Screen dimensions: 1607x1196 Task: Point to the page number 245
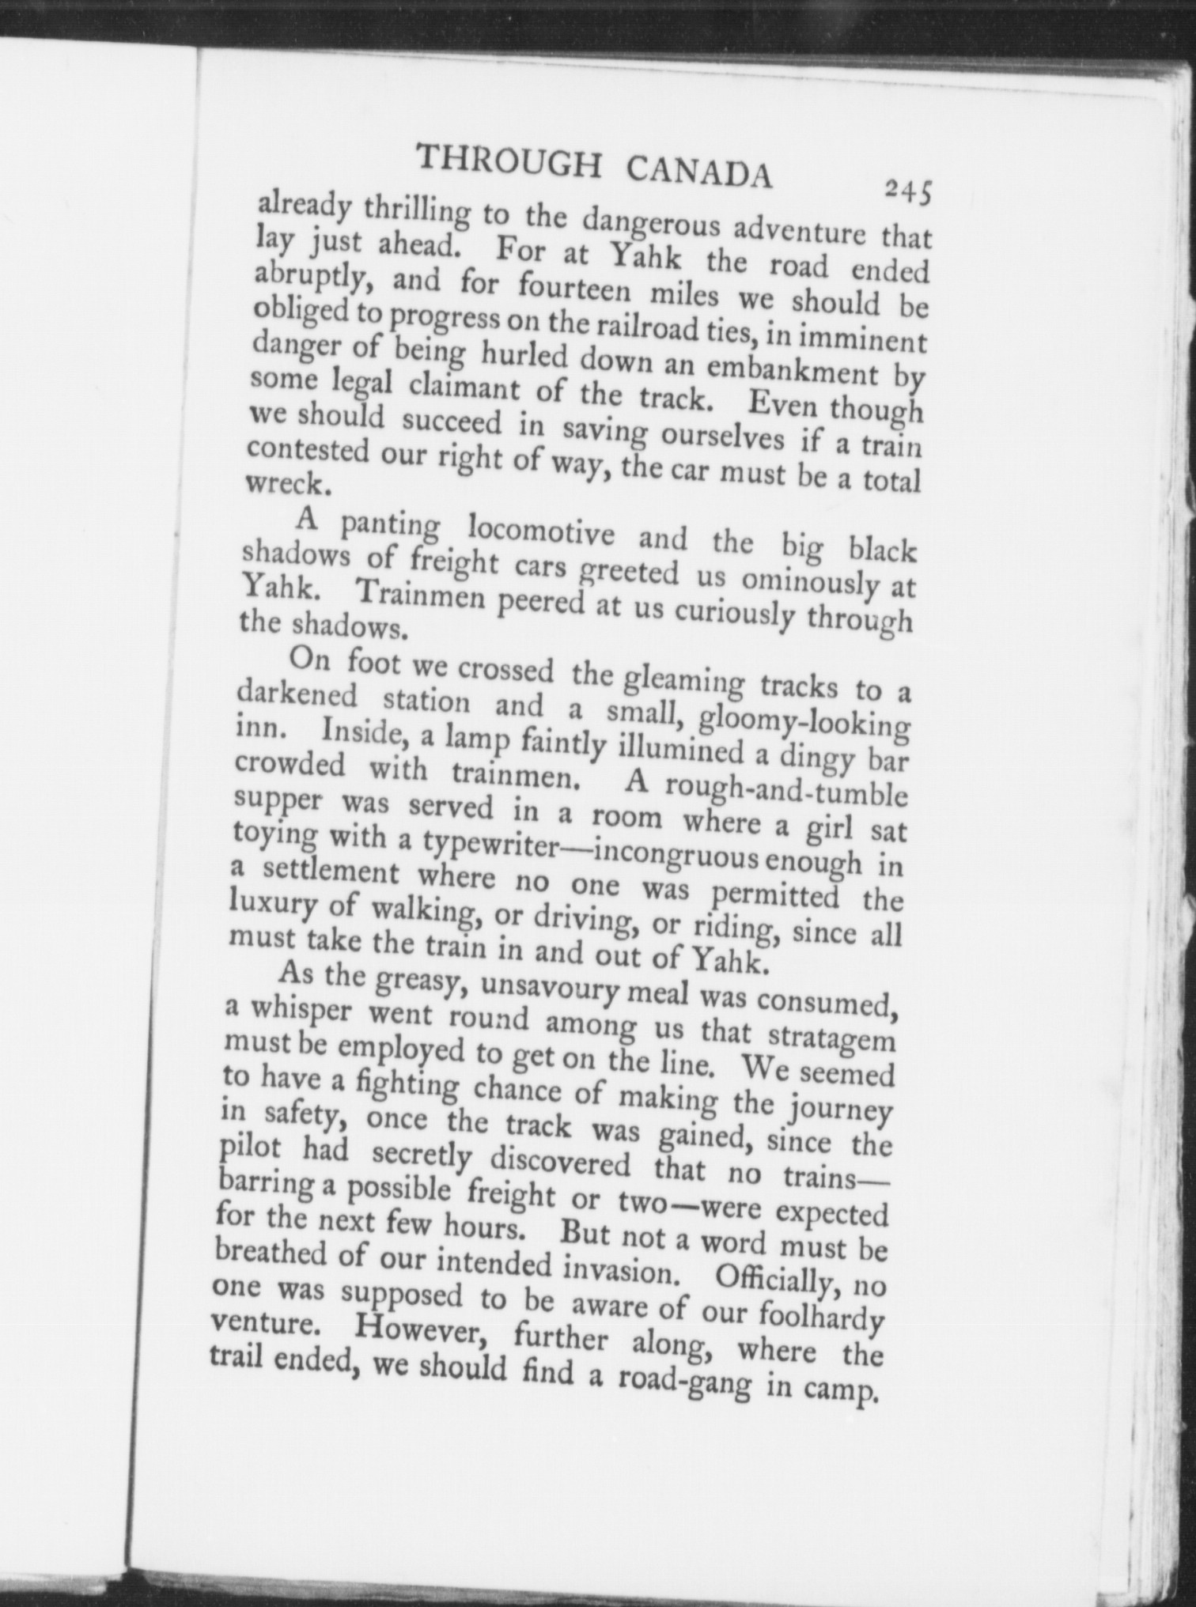(909, 191)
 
